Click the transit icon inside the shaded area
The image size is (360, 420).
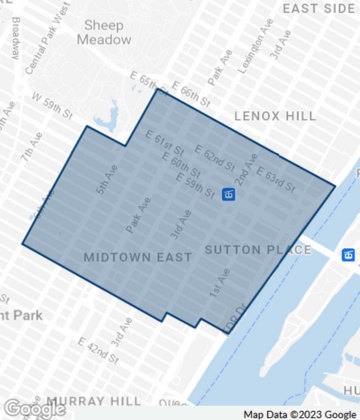(x=229, y=194)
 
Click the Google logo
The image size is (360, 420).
(x=34, y=408)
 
